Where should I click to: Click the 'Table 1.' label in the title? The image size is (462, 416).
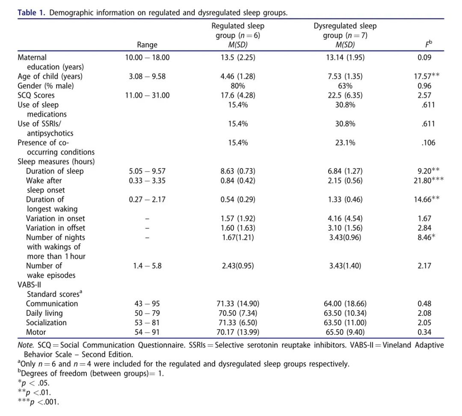pyautogui.click(x=31, y=13)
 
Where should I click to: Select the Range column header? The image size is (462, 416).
pyautogui.click(x=147, y=45)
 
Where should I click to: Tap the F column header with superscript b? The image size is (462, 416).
pyautogui.click(x=428, y=44)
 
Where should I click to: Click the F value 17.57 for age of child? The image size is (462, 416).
pyautogui.click(x=426, y=76)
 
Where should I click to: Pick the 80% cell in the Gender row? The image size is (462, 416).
pyautogui.click(x=238, y=86)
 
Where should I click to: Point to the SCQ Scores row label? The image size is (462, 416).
pyautogui.click(x=36, y=95)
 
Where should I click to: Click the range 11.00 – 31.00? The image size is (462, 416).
pyautogui.click(x=147, y=95)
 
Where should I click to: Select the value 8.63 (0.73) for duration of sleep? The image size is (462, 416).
pyautogui.click(x=238, y=171)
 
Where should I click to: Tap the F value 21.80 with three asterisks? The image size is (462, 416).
pyautogui.click(x=428, y=180)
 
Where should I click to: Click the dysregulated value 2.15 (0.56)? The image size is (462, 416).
pyautogui.click(x=345, y=181)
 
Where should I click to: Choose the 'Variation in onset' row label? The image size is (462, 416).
pyautogui.click(x=55, y=218)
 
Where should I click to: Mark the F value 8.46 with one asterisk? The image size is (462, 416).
pyautogui.click(x=426, y=238)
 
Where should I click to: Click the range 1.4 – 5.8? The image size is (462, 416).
pyautogui.click(x=147, y=266)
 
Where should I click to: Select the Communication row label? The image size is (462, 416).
pyautogui.click(x=52, y=304)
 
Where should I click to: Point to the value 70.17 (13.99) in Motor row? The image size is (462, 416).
pyautogui.click(x=238, y=332)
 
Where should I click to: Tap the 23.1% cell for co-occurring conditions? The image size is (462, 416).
pyautogui.click(x=345, y=143)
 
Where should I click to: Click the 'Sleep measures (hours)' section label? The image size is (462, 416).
pyautogui.click(x=56, y=162)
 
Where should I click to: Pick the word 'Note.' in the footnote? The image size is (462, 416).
pyautogui.click(x=26, y=345)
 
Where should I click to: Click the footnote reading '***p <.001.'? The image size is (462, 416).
pyautogui.click(x=38, y=401)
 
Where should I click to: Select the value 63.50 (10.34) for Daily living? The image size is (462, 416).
pyautogui.click(x=345, y=313)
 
